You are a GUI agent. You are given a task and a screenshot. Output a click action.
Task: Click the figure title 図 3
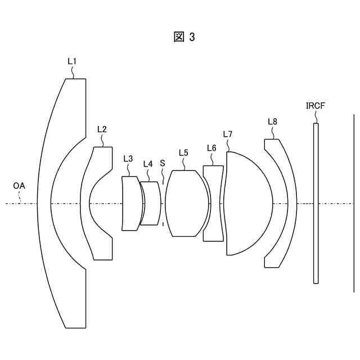tap(184, 37)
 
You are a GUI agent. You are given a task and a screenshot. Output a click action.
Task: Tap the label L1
tap(73, 61)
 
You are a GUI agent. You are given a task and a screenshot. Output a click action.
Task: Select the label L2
tap(102, 129)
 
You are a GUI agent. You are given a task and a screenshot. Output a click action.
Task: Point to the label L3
tap(128, 159)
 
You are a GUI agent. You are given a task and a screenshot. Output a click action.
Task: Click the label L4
tap(147, 164)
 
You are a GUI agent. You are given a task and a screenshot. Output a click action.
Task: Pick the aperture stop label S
tap(163, 163)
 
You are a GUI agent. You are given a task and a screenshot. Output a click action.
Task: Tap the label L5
tap(183, 152)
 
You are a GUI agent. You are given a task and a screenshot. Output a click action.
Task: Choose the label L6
tap(211, 147)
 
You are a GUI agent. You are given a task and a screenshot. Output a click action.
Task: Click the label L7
tap(227, 134)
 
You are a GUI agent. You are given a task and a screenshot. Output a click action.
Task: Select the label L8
tap(272, 121)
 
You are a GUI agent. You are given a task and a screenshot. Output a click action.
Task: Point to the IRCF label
tap(315, 105)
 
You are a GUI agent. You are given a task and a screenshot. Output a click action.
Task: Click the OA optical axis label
tap(19, 185)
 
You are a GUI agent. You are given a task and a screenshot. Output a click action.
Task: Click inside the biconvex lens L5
tap(186, 203)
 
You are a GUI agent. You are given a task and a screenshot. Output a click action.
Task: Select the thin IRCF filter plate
tap(316, 203)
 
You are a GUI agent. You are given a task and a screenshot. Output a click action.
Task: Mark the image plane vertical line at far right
tap(354, 203)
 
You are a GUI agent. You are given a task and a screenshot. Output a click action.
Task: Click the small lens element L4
tap(150, 203)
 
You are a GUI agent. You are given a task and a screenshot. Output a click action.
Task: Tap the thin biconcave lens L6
tap(213, 203)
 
